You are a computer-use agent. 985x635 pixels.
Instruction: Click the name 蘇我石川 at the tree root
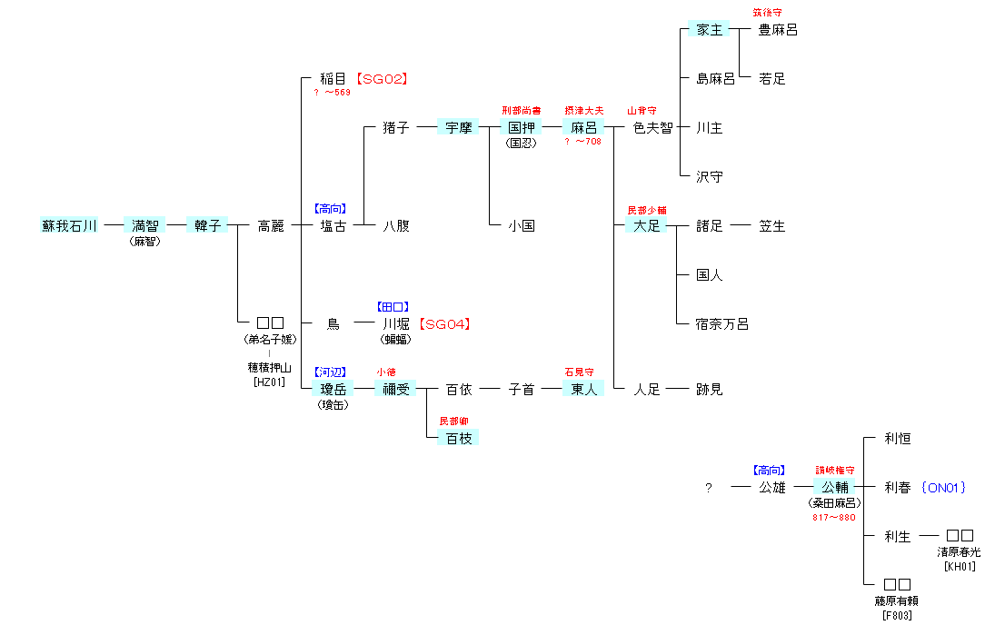69,226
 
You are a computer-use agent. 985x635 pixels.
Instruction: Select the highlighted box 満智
145,226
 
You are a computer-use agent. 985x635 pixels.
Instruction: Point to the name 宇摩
459,128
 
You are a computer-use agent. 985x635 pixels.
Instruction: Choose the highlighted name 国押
522,128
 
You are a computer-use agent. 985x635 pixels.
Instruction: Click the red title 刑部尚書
522,111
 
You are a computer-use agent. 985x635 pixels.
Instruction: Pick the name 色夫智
653,128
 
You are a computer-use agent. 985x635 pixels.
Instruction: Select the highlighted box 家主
709,30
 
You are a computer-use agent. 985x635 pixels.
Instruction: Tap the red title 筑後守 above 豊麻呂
767,13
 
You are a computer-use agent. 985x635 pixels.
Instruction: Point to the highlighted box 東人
583,390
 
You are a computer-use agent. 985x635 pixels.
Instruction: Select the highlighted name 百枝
459,439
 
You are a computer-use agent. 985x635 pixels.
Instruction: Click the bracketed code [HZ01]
270,382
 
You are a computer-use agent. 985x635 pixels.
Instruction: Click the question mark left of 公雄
709,488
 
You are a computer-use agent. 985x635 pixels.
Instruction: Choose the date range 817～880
834,518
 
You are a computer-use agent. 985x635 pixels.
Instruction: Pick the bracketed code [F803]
897,616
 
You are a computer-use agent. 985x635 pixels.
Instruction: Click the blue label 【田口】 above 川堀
395,307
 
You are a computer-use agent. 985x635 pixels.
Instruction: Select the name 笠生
772,226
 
